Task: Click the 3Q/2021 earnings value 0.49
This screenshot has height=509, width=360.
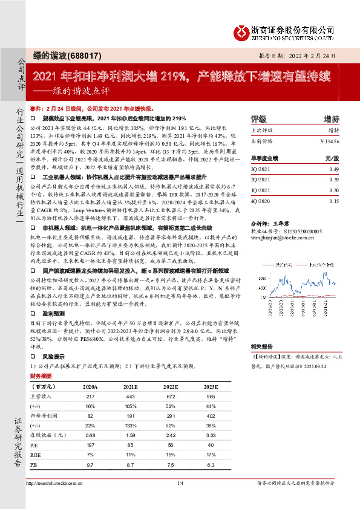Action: [333, 170]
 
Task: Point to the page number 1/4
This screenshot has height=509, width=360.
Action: [180, 484]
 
